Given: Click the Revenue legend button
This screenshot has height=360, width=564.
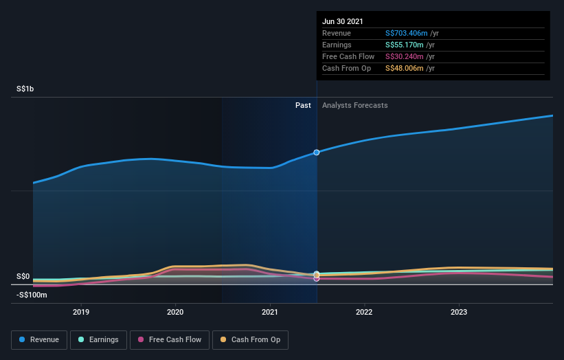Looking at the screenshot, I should point(40,339).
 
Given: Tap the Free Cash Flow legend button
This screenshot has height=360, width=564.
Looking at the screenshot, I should point(170,339).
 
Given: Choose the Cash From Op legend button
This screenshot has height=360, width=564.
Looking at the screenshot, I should point(250,339).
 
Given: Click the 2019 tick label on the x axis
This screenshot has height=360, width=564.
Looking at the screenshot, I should point(81,311).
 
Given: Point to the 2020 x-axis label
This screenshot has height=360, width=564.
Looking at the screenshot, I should point(175,311).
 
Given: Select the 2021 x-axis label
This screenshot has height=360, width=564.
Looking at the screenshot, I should point(270,311).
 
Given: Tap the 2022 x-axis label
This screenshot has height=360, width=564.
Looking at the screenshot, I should point(364,311).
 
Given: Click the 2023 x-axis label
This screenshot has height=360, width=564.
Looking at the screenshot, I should point(459,311).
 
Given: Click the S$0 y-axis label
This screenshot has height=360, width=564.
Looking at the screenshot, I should point(23,277).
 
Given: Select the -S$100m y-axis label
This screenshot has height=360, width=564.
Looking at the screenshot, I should point(32,295).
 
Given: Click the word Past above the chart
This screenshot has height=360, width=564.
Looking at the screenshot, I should point(303,105).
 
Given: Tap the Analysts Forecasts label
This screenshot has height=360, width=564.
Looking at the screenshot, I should point(354,105).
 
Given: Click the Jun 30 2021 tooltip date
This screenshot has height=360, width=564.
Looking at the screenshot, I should point(343,21).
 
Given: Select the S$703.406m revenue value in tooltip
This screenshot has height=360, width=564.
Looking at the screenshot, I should point(406,33).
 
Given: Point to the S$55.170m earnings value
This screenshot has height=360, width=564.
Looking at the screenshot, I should point(404,45).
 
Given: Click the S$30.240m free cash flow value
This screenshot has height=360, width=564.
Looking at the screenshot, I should point(404,56).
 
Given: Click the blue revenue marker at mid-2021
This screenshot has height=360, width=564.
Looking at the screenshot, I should point(317,152).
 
